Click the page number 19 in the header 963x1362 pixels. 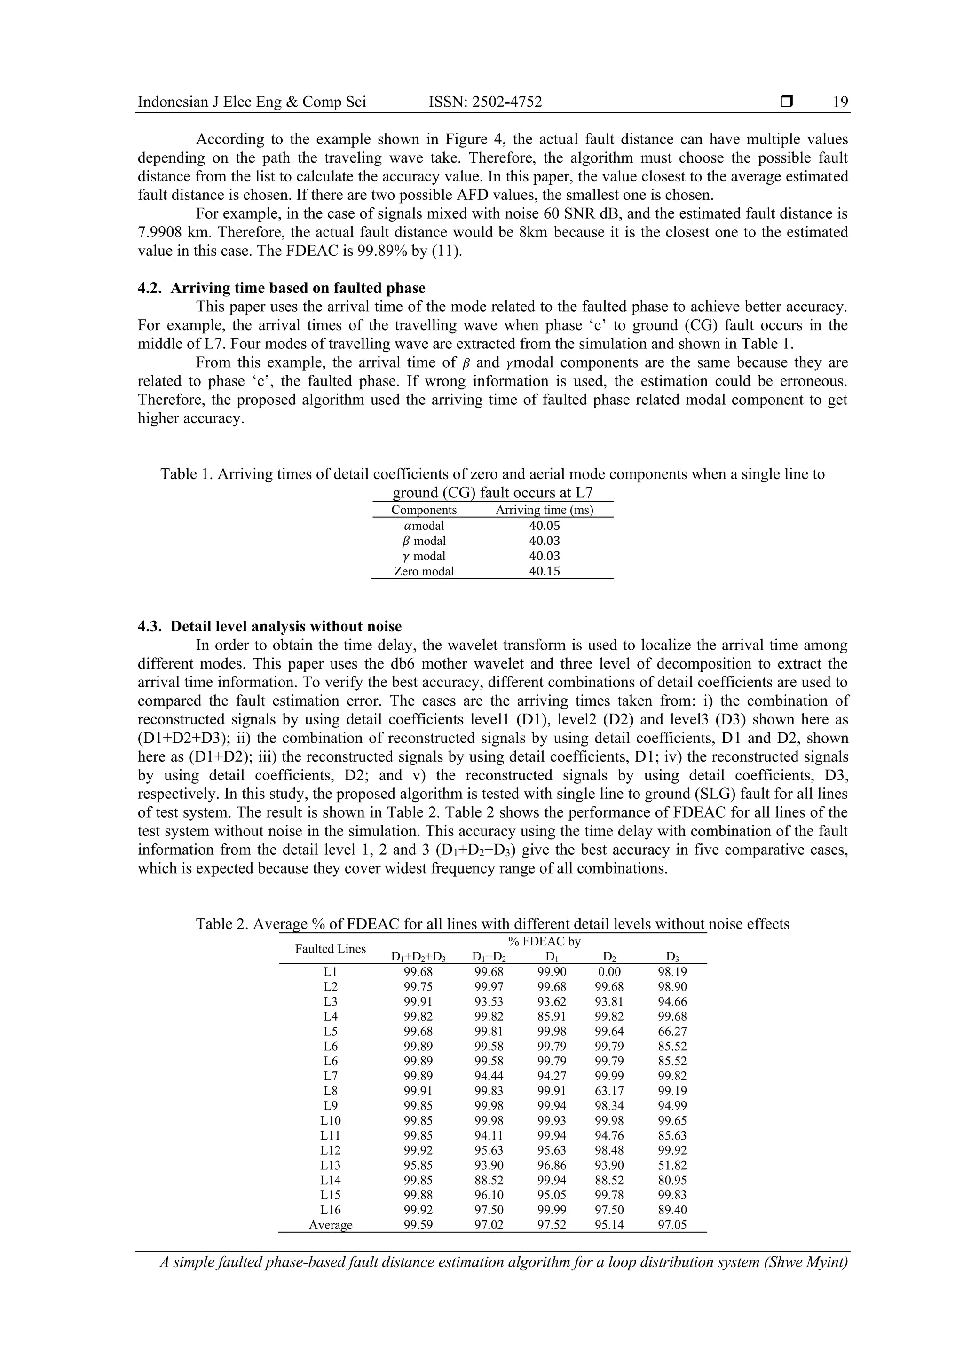tap(840, 102)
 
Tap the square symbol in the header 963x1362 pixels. tap(787, 102)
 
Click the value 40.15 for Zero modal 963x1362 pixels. tap(544, 571)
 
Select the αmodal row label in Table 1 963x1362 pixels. tap(424, 526)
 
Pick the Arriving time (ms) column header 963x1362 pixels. tap(544, 510)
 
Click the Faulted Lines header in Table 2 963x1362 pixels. tap(331, 949)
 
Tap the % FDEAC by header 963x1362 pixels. tap(544, 941)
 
